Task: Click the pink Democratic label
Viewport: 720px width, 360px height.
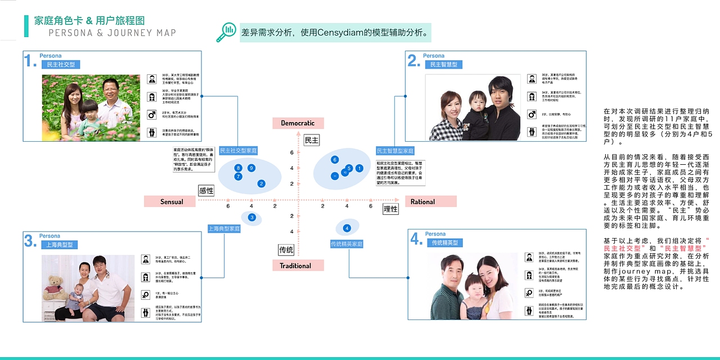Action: [298, 123]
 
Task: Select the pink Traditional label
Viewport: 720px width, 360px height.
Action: [298, 265]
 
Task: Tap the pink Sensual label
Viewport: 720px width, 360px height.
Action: [172, 201]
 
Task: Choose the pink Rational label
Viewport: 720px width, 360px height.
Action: [422, 201]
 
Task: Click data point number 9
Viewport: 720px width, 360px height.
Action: [251, 168]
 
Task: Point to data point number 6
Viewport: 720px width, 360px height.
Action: [335, 160]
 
